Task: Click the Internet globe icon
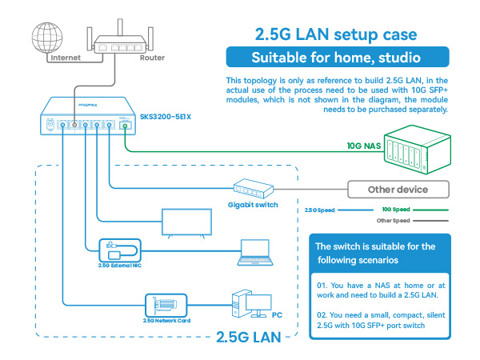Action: (x=47, y=38)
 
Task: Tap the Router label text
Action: (x=152, y=58)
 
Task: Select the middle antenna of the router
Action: (x=120, y=27)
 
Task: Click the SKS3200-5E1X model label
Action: (x=166, y=117)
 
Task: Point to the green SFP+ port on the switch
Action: (x=125, y=126)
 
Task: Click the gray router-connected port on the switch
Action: (x=74, y=125)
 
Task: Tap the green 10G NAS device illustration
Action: (x=418, y=150)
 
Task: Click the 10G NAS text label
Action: (x=364, y=146)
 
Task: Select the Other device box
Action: (x=398, y=190)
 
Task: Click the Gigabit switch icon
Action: (x=253, y=188)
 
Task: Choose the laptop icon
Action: (x=255, y=253)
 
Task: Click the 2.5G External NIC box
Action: (x=120, y=250)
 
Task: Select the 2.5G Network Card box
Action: (x=166, y=306)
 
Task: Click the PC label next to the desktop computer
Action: (x=277, y=315)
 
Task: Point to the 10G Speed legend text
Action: (x=396, y=210)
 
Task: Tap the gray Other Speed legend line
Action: (x=430, y=221)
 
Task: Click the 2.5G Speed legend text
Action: (x=319, y=210)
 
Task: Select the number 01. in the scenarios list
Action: (x=322, y=286)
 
